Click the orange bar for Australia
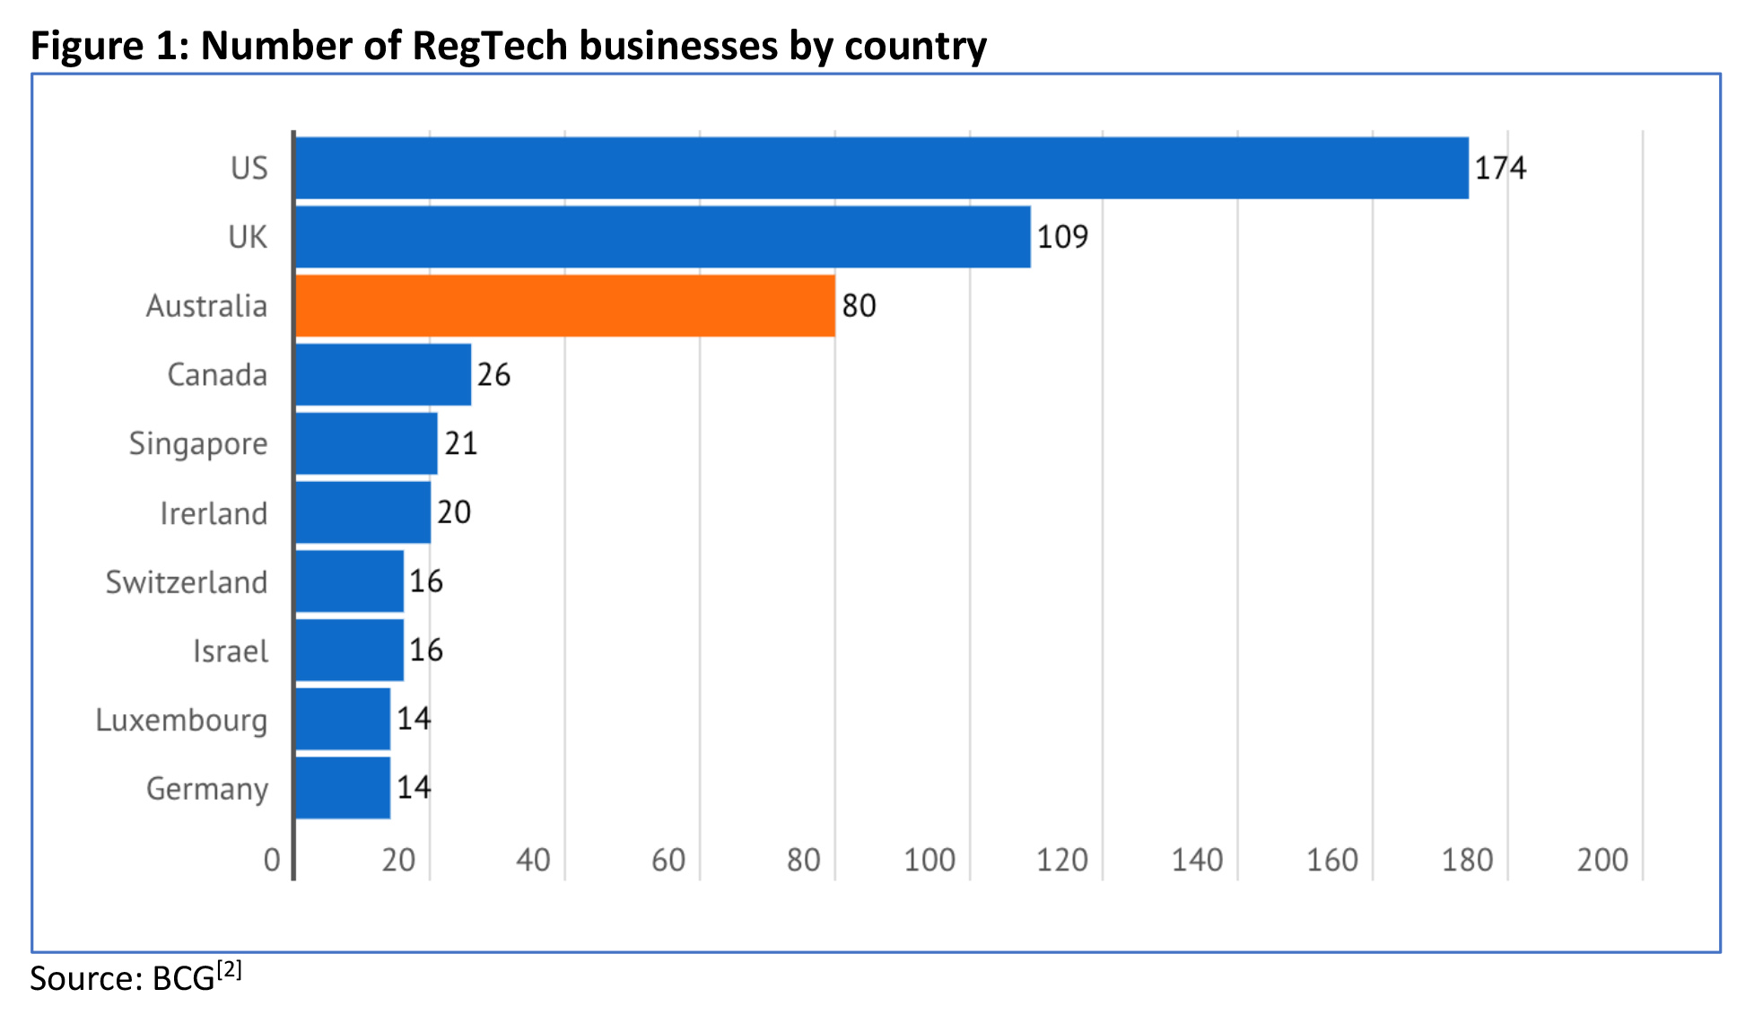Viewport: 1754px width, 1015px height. pos(565,306)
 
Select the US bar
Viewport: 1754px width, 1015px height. pos(881,168)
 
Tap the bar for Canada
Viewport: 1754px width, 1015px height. pos(383,374)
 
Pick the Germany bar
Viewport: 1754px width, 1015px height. pos(343,788)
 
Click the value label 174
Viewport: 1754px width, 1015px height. pos(1500,168)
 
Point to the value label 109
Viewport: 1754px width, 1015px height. pos(1062,237)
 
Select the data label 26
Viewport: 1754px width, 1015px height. pos(493,374)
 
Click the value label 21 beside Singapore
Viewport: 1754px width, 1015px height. pos(460,443)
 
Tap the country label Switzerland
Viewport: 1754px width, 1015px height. pos(187,582)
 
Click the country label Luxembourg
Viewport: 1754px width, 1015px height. pos(181,721)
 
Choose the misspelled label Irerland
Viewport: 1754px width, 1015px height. pos(214,513)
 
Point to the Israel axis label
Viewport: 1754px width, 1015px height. pos(231,652)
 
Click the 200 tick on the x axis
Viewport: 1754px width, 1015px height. pos(1602,860)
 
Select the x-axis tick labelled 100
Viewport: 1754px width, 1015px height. pos(929,860)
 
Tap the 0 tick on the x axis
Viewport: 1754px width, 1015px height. pos(272,860)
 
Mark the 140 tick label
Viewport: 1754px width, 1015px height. pos(1197,860)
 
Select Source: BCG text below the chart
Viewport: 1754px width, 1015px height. pos(122,978)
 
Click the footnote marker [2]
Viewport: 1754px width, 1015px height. pos(230,969)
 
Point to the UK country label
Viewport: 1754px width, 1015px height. pos(248,237)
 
